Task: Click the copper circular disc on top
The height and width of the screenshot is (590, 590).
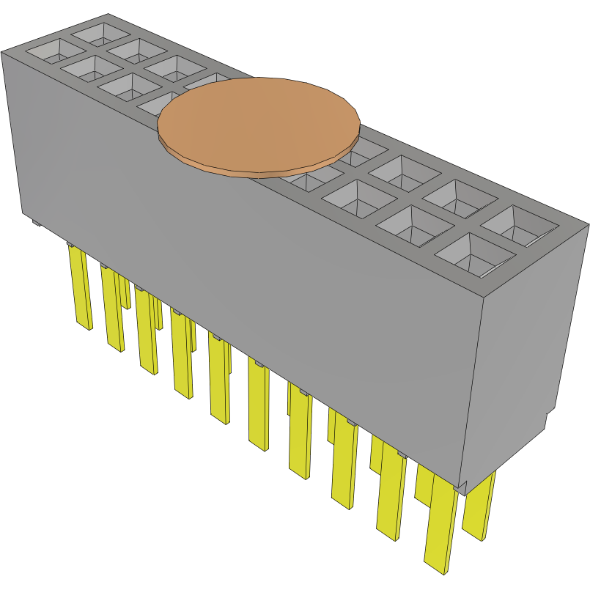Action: (258, 123)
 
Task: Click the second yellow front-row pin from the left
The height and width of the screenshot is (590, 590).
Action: (112, 308)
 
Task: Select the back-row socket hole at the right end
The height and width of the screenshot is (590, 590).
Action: (520, 224)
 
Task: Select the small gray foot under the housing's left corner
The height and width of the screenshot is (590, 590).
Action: (34, 222)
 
